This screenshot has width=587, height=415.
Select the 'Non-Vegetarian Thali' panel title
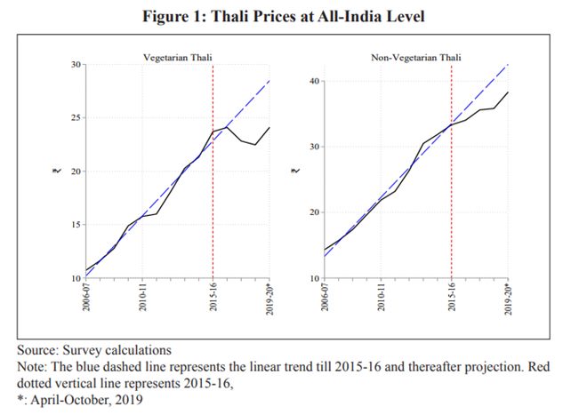point(415,58)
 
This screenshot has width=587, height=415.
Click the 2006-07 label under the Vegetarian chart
point(86,299)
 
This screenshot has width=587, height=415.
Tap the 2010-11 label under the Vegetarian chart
point(142,299)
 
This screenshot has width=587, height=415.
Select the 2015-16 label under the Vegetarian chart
point(213,299)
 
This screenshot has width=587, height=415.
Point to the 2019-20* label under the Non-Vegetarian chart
point(509,301)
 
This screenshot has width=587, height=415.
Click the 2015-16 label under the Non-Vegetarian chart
point(452,299)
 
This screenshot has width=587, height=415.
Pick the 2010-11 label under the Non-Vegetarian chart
point(382,299)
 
